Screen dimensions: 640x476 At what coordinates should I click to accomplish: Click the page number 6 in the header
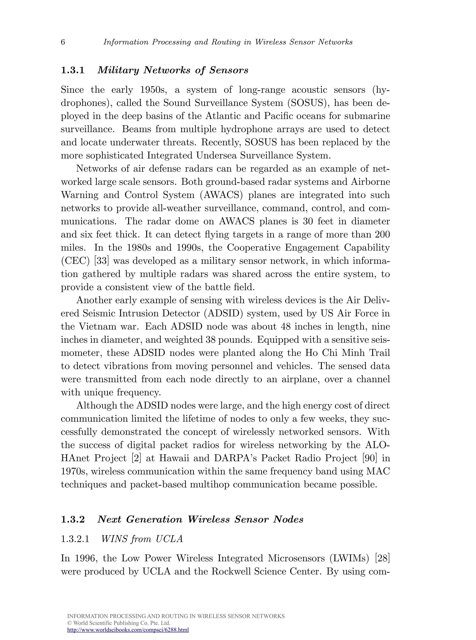(x=63, y=42)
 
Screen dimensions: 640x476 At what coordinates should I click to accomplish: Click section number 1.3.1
(x=73, y=70)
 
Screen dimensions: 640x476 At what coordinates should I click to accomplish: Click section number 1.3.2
(x=73, y=519)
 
